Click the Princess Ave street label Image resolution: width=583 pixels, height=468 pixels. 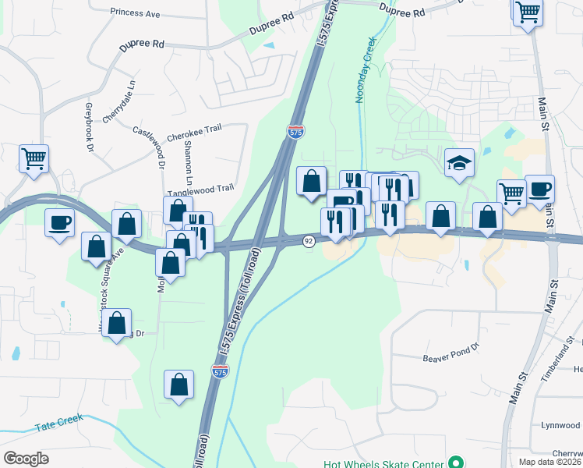tap(134, 12)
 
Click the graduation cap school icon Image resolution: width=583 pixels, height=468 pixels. tap(459, 164)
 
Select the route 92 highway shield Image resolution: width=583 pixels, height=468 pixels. tap(309, 241)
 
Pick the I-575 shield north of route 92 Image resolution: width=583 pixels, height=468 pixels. tap(295, 132)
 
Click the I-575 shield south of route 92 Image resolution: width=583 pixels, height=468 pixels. tap(221, 373)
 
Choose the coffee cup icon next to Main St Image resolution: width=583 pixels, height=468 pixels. tap(539, 189)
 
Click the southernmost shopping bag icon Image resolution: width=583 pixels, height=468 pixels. tap(178, 384)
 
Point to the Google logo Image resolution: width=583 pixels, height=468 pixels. tap(26, 459)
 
